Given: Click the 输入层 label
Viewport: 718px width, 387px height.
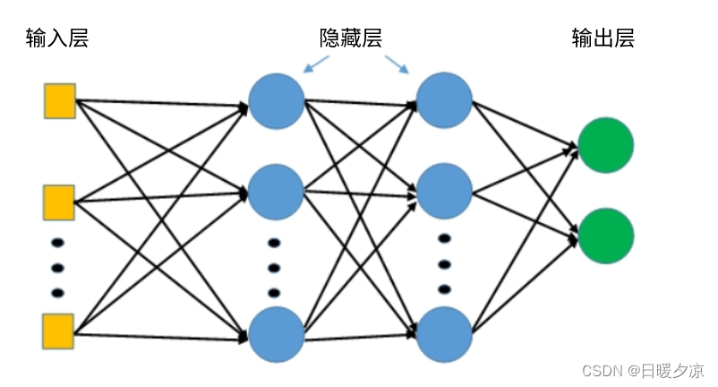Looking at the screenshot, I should [x=58, y=39].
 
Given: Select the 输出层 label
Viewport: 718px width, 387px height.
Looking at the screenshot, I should [x=603, y=38].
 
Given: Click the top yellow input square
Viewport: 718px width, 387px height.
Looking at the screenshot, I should [x=60, y=100].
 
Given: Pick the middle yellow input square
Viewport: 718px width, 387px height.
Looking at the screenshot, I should [x=60, y=202].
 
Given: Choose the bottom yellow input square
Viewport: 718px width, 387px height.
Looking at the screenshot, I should [x=60, y=331].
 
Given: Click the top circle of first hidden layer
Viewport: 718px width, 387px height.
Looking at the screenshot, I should [x=277, y=100].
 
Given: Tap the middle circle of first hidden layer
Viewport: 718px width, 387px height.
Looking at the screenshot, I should [x=277, y=192].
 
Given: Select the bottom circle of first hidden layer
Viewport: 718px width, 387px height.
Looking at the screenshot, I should [x=277, y=334].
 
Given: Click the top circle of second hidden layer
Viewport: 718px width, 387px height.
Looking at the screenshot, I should [x=444, y=100].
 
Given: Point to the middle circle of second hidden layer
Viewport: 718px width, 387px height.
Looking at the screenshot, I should [x=444, y=192].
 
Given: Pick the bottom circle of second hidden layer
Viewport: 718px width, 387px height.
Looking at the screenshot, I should [x=444, y=334].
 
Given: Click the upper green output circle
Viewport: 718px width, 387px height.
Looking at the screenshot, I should [x=605, y=145].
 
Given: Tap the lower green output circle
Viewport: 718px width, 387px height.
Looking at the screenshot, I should [x=605, y=236].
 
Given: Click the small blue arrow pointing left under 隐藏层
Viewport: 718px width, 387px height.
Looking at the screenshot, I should [x=316, y=64].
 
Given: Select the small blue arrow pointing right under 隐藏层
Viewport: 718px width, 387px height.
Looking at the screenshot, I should [x=397, y=64].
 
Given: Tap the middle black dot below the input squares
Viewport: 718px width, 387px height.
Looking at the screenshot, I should [x=58, y=266].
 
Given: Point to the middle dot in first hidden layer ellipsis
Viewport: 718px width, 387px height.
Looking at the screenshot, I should [x=275, y=267].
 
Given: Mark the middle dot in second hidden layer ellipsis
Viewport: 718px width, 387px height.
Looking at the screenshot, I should [x=444, y=263].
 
